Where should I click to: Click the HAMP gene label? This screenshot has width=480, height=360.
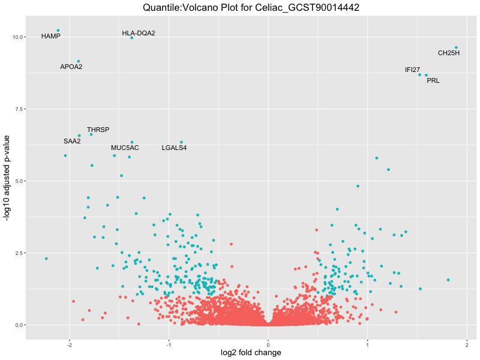pyautogui.click(x=51, y=36)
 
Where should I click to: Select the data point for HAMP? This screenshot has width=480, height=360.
pyautogui.click(x=58, y=30)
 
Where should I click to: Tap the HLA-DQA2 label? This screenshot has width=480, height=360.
pyautogui.click(x=139, y=33)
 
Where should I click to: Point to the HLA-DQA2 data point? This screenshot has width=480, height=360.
pyautogui.click(x=131, y=38)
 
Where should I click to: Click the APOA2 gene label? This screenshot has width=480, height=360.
pyautogui.click(x=71, y=67)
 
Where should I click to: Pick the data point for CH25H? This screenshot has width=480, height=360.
pyautogui.click(x=456, y=47)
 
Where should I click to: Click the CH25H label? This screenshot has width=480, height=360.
pyautogui.click(x=449, y=53)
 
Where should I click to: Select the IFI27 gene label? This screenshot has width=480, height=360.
pyautogui.click(x=412, y=70)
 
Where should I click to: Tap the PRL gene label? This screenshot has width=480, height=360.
pyautogui.click(x=433, y=80)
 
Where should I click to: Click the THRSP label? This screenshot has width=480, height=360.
pyautogui.click(x=98, y=130)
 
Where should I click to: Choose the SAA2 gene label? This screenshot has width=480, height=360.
pyautogui.click(x=72, y=141)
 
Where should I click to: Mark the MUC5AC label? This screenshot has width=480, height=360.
pyautogui.click(x=125, y=148)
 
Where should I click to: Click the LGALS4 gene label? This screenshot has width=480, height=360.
pyautogui.click(x=174, y=148)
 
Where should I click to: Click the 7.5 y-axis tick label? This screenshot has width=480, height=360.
pyautogui.click(x=18, y=109)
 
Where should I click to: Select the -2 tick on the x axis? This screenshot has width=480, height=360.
pyautogui.click(x=70, y=345)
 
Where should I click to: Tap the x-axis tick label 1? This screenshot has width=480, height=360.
pyautogui.click(x=367, y=345)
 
